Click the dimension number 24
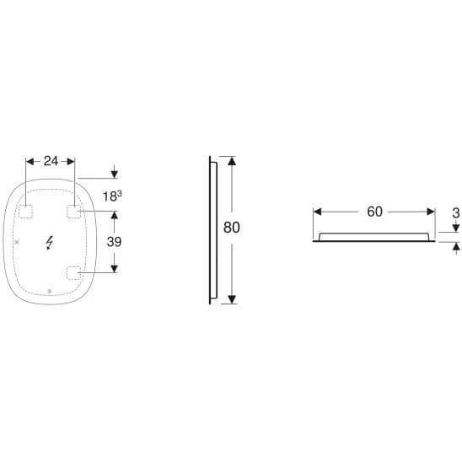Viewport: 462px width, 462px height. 51,161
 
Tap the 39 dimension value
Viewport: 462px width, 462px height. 114,242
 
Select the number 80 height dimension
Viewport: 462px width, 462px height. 232,228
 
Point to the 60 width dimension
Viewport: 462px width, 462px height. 374,212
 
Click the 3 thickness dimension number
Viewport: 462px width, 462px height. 456,213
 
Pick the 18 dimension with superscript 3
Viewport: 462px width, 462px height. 112,196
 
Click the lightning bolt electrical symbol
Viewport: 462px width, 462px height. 49,243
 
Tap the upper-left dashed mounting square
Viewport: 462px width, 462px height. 25,212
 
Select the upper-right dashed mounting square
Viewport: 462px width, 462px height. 73,212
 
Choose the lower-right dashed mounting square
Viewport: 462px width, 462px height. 73,273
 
